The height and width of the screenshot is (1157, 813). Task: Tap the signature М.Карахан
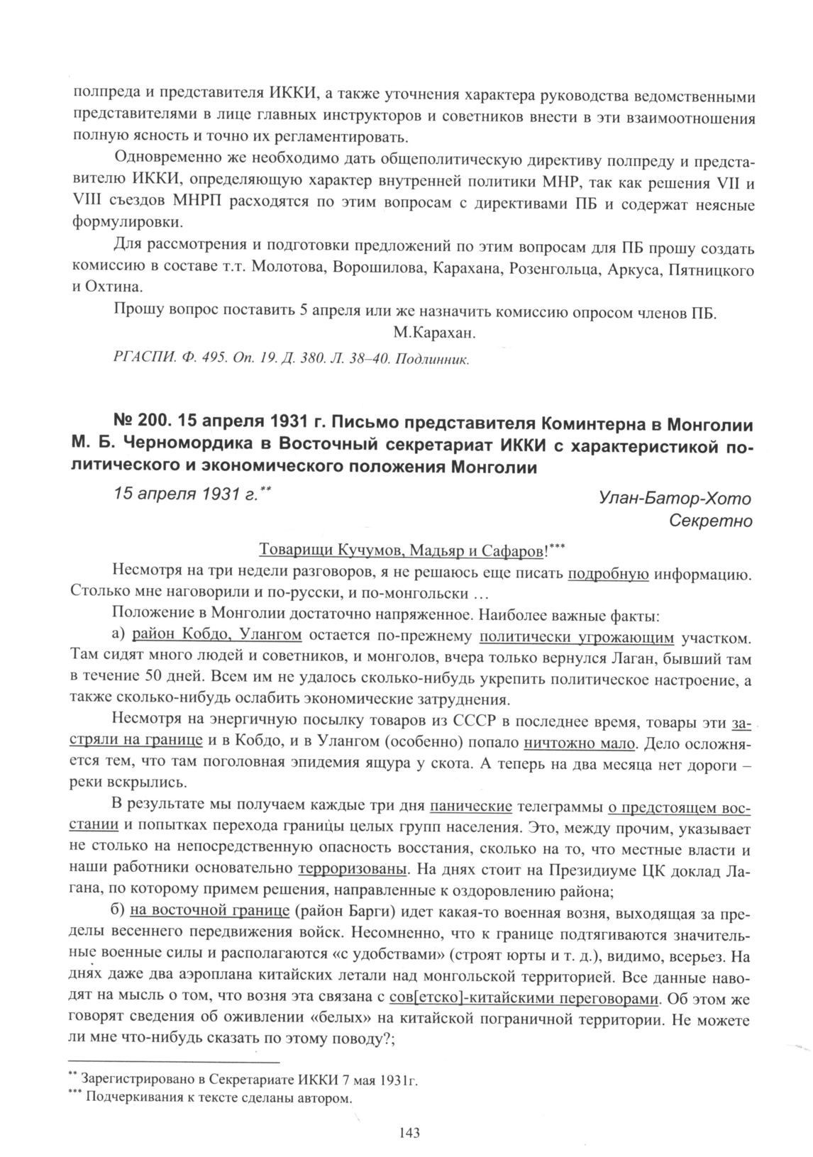pyautogui.click(x=433, y=333)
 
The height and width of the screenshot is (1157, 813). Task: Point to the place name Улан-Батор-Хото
pyautogui.click(x=675, y=499)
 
